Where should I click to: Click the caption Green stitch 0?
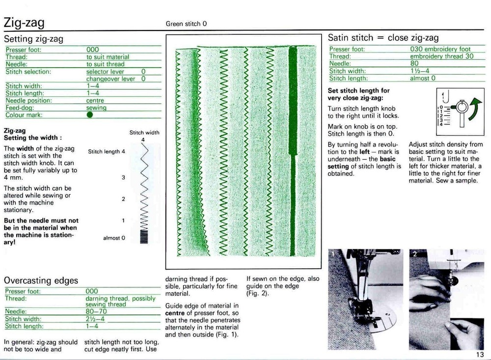click(186, 24)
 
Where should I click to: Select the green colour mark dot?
click(89, 115)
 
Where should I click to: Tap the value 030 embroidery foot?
click(440, 49)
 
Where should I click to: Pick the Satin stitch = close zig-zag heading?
click(383, 38)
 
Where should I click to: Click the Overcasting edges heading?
click(41, 280)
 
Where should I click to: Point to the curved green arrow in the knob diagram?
click(474, 109)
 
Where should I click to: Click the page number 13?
click(480, 355)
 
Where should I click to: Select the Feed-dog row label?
click(20, 108)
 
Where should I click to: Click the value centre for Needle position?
click(95, 101)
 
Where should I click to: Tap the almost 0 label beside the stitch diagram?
click(114, 238)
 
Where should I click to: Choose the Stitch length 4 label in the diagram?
click(107, 152)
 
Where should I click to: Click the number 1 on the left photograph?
click(333, 254)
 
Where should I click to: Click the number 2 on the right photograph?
click(414, 254)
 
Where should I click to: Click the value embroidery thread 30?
click(441, 56)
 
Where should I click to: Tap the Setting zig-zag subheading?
click(33, 39)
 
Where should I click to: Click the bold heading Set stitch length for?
click(358, 90)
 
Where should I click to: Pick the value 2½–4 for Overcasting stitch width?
click(95, 319)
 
